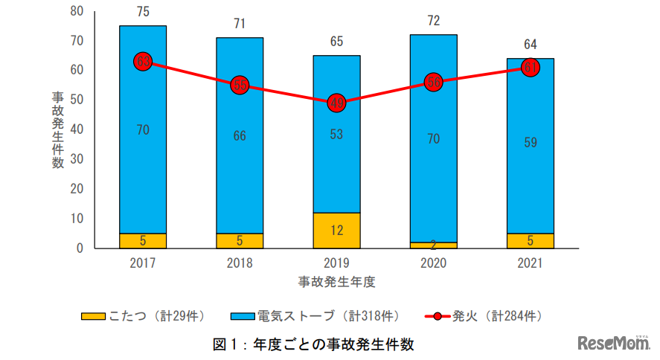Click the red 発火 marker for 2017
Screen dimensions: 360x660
[x=143, y=62]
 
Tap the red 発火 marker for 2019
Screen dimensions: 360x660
[x=336, y=103]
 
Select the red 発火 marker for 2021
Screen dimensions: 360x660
[x=530, y=68]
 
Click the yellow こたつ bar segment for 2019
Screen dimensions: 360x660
[x=336, y=230]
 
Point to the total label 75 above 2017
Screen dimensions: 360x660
[x=143, y=12]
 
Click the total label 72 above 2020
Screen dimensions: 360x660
[x=433, y=21]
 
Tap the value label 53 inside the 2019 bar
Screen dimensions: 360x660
[x=336, y=135]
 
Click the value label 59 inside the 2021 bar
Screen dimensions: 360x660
[x=530, y=144]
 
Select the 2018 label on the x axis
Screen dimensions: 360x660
[x=240, y=263]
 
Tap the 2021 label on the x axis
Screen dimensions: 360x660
[x=530, y=263]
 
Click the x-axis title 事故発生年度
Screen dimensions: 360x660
[x=336, y=281]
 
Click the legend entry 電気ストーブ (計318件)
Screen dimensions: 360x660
[x=312, y=316]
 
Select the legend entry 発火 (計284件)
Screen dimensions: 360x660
[x=484, y=316]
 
